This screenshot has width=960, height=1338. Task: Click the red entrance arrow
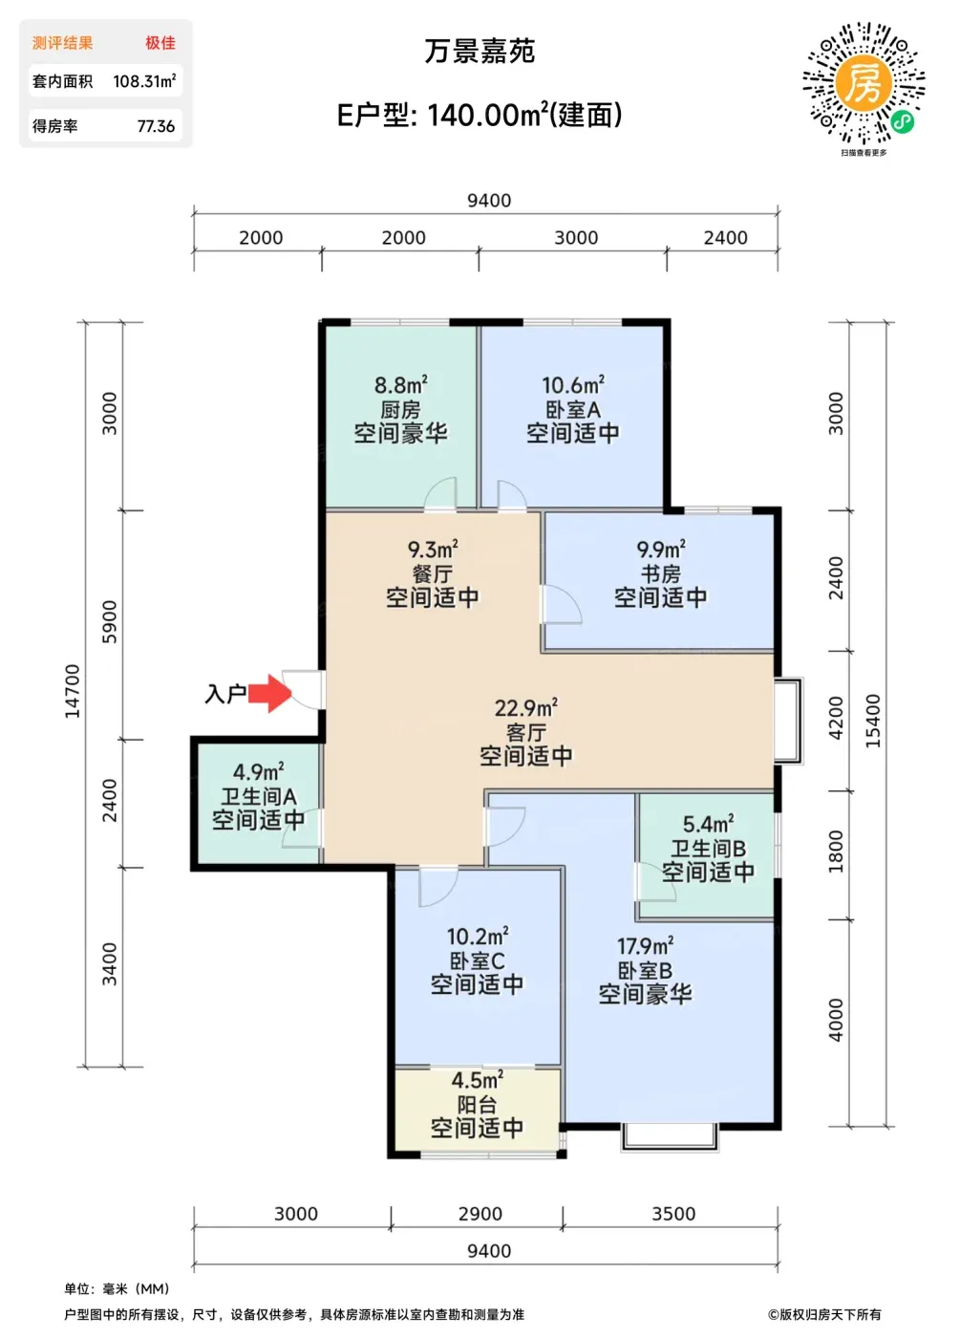tap(269, 693)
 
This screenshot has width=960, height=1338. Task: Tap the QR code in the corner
tap(864, 83)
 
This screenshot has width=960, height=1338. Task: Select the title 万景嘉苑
tap(480, 52)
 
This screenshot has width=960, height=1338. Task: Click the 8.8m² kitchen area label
tap(400, 385)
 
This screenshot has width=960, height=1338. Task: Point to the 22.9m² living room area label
tap(526, 708)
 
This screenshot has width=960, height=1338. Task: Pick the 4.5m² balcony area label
tap(477, 1079)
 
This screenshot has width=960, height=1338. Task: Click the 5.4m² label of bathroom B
tap(708, 824)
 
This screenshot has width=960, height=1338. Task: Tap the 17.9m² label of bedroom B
tap(645, 946)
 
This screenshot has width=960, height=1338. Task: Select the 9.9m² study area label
tap(660, 549)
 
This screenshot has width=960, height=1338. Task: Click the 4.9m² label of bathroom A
tap(259, 772)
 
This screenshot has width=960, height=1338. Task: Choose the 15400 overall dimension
tap(873, 721)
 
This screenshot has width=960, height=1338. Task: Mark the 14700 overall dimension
tap(73, 691)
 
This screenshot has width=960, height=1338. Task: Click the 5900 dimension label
tap(110, 622)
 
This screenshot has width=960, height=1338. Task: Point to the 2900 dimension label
tap(480, 1214)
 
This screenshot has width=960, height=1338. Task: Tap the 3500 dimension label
tap(673, 1214)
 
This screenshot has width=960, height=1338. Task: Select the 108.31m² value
tap(144, 80)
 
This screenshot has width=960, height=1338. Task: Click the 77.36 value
tap(156, 126)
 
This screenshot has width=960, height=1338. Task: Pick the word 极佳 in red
tap(160, 43)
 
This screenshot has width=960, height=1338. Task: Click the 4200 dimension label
tap(837, 718)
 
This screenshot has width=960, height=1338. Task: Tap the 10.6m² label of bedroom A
tap(573, 385)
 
